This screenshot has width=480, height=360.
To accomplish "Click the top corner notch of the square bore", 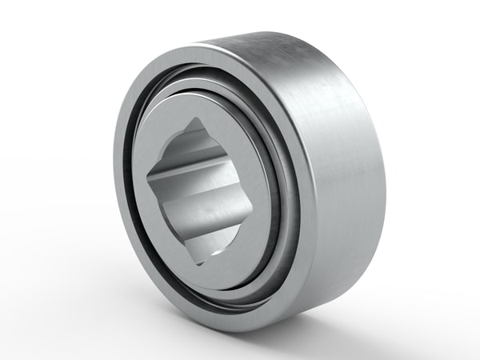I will click(x=195, y=123).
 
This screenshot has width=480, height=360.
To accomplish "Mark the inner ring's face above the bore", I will click(x=216, y=108).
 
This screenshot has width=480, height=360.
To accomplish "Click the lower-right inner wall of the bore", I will click(x=228, y=228).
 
